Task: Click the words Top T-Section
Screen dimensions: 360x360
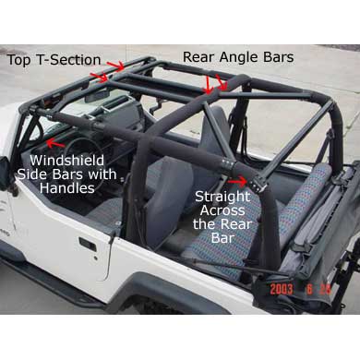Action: [54, 60]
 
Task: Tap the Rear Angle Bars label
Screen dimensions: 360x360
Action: [238, 57]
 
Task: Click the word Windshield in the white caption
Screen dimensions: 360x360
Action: [67, 162]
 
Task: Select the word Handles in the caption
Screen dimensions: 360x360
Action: [67, 187]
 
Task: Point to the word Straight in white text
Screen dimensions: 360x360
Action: [222, 198]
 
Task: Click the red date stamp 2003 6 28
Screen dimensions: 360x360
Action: [300, 290]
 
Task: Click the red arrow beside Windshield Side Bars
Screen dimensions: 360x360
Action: [55, 143]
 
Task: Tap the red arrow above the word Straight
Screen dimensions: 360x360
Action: [238, 182]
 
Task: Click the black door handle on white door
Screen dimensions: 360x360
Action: [88, 245]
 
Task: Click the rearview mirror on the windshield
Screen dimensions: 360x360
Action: [96, 97]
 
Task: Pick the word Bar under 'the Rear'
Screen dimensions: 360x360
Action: [222, 238]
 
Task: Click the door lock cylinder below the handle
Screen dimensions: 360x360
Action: [96, 258]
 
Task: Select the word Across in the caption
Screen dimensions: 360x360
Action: [223, 211]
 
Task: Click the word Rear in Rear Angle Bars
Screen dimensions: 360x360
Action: [198, 57]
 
